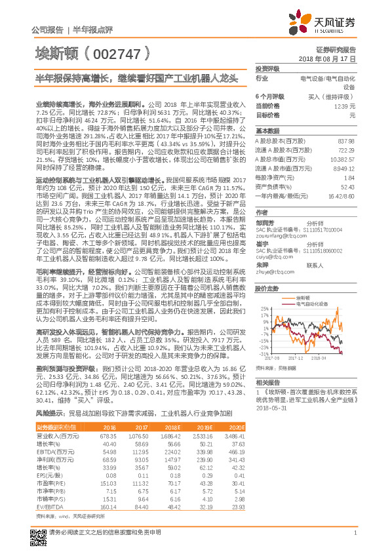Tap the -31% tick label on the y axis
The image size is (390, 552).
264,354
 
